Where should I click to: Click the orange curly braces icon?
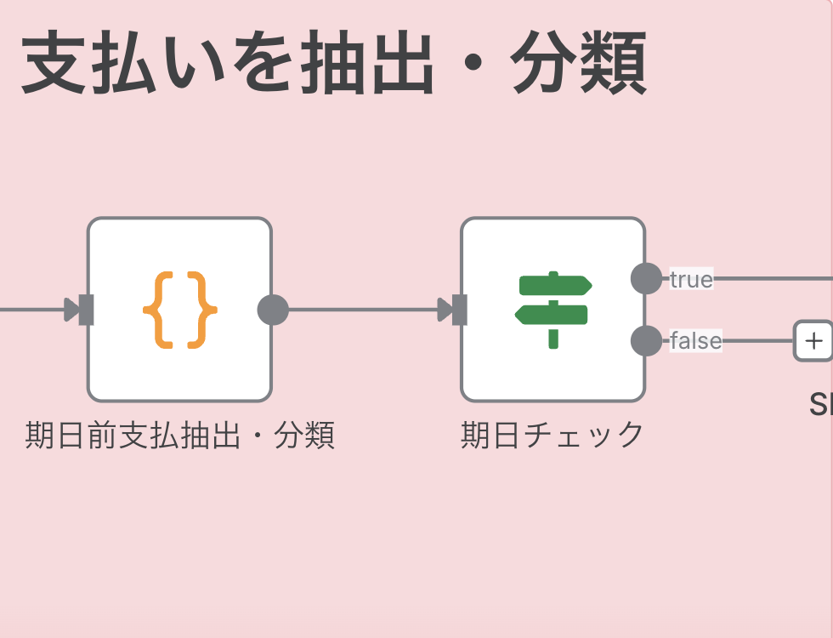pyautogui.click(x=179, y=310)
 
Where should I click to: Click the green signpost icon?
pyautogui.click(x=553, y=310)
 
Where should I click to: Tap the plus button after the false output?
pyautogui.click(x=813, y=341)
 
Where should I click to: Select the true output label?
pyautogui.click(x=691, y=279)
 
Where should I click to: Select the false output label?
pyautogui.click(x=695, y=341)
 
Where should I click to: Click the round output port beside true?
pyautogui.click(x=646, y=279)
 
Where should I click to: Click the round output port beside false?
pyautogui.click(x=646, y=341)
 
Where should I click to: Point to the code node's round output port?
pyautogui.click(x=273, y=310)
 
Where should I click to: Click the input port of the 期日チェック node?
pyautogui.click(x=459, y=310)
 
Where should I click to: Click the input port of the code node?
pyautogui.click(x=85, y=310)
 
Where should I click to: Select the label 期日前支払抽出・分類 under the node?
pyautogui.click(x=179, y=436)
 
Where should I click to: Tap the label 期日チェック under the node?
pyautogui.click(x=552, y=436)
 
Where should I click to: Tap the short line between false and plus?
pyautogui.click(x=757, y=341)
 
